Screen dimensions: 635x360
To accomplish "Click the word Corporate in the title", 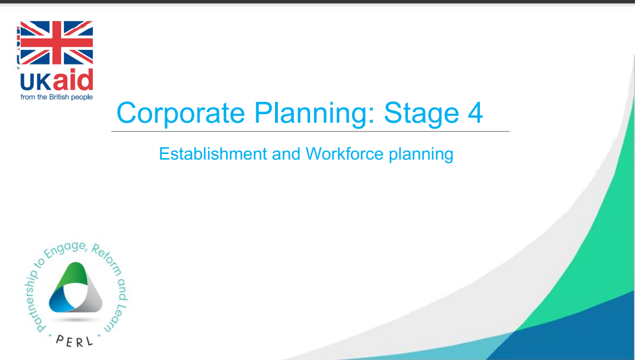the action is [181, 113].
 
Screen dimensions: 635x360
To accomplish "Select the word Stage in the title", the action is [422, 113].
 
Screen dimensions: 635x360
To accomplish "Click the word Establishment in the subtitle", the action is [213, 154].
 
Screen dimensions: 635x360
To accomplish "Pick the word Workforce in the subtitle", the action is [345, 154].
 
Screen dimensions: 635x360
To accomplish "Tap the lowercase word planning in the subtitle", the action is [421, 155].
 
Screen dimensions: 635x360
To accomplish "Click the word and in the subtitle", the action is [286, 154].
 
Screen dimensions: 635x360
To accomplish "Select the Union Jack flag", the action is [56, 43].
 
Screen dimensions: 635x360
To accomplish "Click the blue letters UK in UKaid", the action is [36, 82].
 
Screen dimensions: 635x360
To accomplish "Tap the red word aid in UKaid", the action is [74, 79].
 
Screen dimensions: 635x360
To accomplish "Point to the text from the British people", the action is [57, 97].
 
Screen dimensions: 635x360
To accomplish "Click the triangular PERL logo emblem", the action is [76, 288].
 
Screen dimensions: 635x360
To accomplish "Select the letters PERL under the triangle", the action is [75, 341].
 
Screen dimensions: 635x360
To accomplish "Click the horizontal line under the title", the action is [310, 132].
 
